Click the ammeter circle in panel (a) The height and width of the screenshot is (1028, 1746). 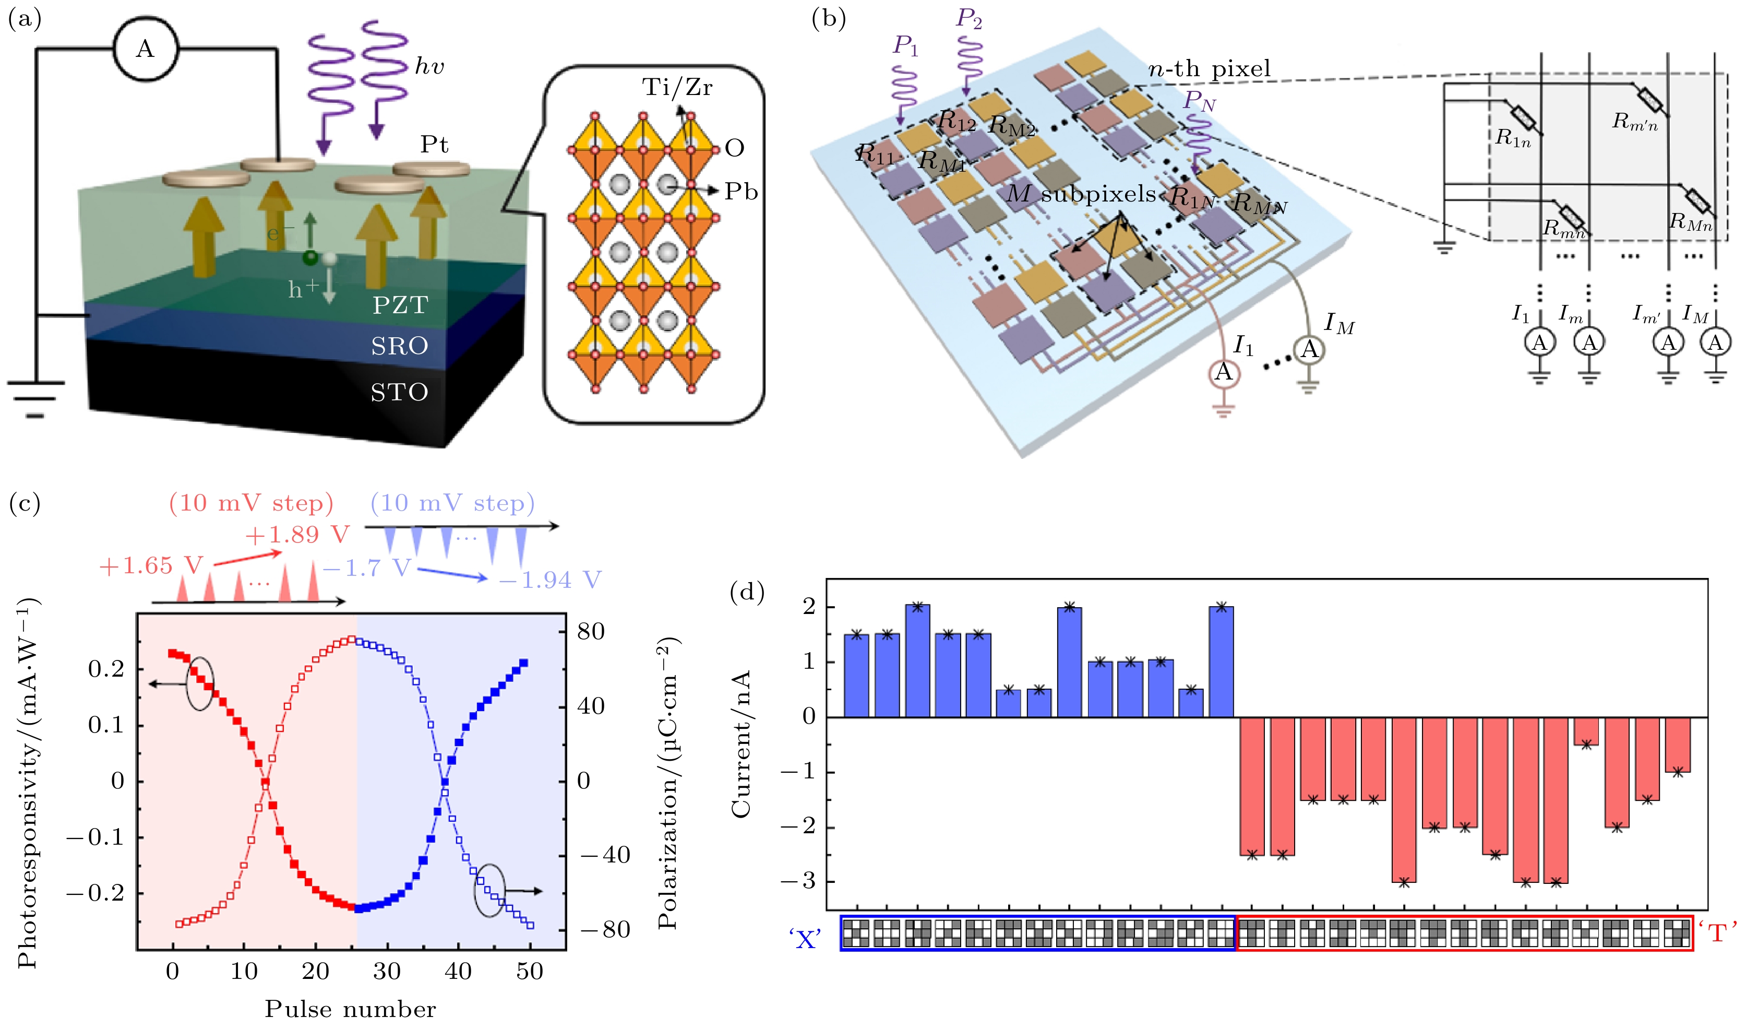click(145, 49)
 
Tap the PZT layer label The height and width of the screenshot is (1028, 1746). click(400, 305)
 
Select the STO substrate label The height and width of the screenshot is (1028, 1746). click(399, 392)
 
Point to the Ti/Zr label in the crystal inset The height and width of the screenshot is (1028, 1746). click(677, 87)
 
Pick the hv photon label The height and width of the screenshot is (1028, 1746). click(429, 66)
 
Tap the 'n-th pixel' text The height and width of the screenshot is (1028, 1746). click(1209, 68)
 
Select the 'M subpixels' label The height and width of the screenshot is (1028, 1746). click(1081, 194)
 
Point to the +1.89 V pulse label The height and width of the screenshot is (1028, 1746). click(297, 535)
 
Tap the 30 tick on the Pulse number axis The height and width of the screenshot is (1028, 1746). click(387, 971)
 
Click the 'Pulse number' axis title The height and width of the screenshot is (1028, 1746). click(350, 1009)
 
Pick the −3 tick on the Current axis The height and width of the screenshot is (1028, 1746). click(799, 882)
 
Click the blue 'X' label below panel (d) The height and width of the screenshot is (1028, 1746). click(805, 939)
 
